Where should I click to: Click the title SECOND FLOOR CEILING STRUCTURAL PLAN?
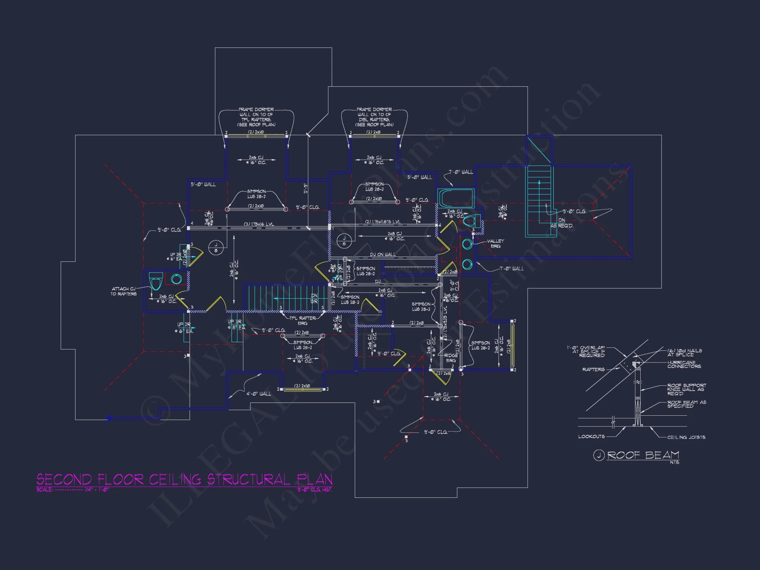coord(184,479)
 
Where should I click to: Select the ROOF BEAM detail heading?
coord(643,455)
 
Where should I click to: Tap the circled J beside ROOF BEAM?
coord(598,455)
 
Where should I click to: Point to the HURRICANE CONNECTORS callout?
coord(684,364)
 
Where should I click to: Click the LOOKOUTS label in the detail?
coord(591,437)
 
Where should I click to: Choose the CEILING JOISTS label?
coord(686,437)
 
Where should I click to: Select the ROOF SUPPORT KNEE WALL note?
coord(686,389)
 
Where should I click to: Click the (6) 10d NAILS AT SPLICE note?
coord(684,352)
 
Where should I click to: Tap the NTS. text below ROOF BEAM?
coord(675,462)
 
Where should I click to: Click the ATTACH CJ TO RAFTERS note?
coord(123,291)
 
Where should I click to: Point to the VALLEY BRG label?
coord(496,244)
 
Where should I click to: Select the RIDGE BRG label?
coord(451,358)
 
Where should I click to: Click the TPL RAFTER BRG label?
coord(302,321)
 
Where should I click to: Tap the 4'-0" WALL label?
coord(259,394)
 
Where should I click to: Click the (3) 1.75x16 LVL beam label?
coord(259,224)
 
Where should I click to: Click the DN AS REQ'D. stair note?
coord(562,223)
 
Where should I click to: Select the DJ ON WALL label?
coord(383,255)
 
